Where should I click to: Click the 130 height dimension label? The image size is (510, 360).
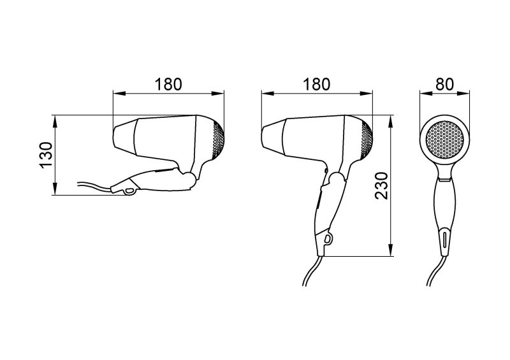tap(47, 154)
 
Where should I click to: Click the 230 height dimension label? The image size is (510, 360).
tap(381, 185)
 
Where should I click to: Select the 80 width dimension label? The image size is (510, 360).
tap(444, 85)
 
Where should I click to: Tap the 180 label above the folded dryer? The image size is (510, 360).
tap(168, 85)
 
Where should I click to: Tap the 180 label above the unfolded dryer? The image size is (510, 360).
tap(316, 85)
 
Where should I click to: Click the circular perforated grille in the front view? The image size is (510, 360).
tap(444, 140)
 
